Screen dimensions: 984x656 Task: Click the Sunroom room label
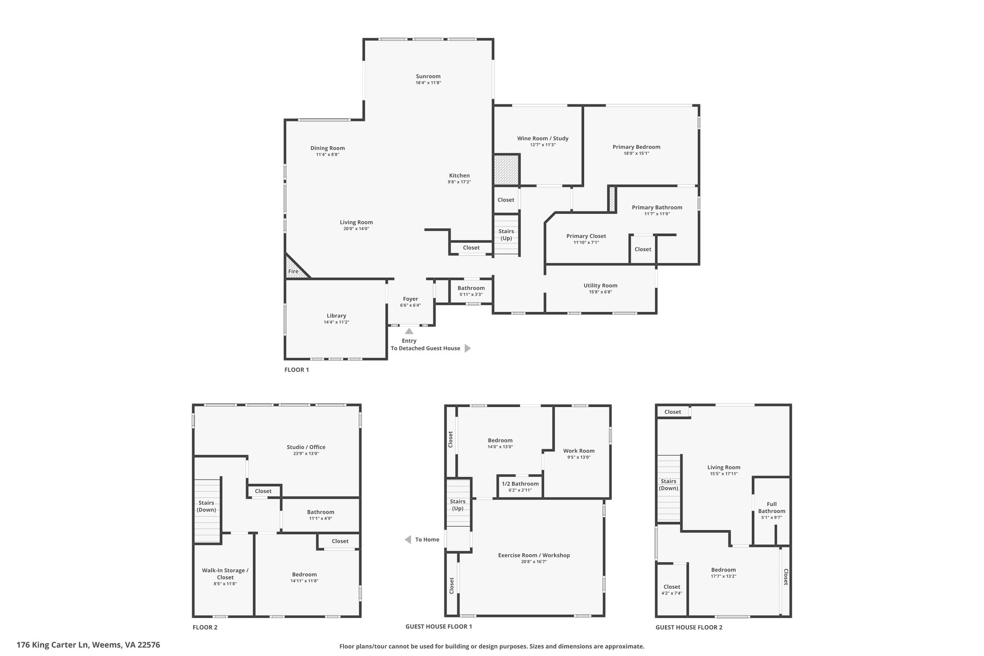coord(428,76)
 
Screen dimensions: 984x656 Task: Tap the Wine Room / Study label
coord(542,138)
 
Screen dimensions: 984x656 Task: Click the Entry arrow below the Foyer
coord(409,331)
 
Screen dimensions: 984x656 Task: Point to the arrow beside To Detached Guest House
coord(467,348)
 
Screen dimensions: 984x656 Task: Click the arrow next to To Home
coord(408,540)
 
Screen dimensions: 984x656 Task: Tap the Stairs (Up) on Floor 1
coord(506,235)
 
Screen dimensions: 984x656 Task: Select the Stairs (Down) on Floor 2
coord(207,510)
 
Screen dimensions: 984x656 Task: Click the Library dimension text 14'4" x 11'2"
coord(336,322)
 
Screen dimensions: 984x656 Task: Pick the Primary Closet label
coord(586,236)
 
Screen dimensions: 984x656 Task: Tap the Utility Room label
coord(601,285)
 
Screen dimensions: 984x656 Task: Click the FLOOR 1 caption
coord(296,370)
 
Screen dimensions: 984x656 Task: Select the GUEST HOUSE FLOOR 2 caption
coord(689,627)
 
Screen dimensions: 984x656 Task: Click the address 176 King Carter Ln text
coord(52,645)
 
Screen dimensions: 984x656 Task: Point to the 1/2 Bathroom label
coord(520,484)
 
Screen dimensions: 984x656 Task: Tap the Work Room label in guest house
coord(579,451)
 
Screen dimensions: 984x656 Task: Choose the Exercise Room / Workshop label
coord(534,555)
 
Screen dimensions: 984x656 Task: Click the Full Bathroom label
coord(772,507)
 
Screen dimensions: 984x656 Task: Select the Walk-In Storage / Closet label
coord(225,574)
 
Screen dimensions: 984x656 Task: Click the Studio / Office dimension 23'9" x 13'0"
coord(306,453)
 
